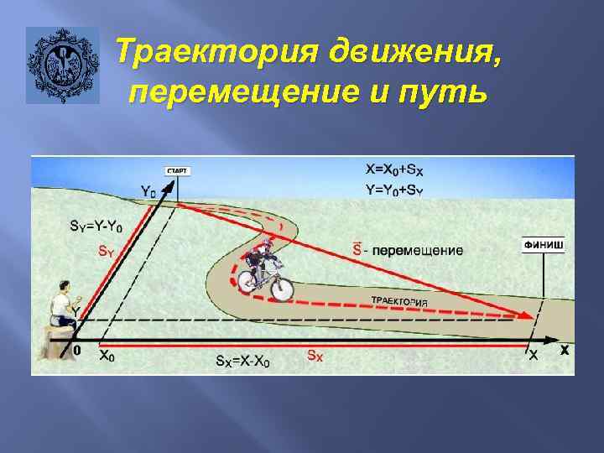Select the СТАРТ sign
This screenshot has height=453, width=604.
click(177, 171)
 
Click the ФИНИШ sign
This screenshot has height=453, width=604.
click(544, 246)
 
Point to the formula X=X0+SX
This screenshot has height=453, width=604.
click(400, 170)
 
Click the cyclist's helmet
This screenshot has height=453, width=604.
click(268, 244)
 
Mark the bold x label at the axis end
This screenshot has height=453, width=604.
click(565, 351)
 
